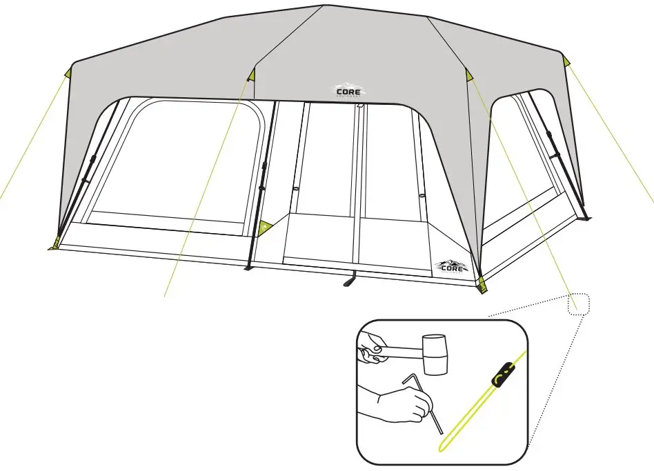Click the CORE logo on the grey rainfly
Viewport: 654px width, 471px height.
[349, 91]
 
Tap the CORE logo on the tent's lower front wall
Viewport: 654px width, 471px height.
[452, 265]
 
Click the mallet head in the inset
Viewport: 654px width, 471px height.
[435, 354]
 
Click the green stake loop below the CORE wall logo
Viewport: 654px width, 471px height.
[482, 285]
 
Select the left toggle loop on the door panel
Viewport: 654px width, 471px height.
[295, 190]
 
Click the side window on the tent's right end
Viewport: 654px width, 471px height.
[524, 166]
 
